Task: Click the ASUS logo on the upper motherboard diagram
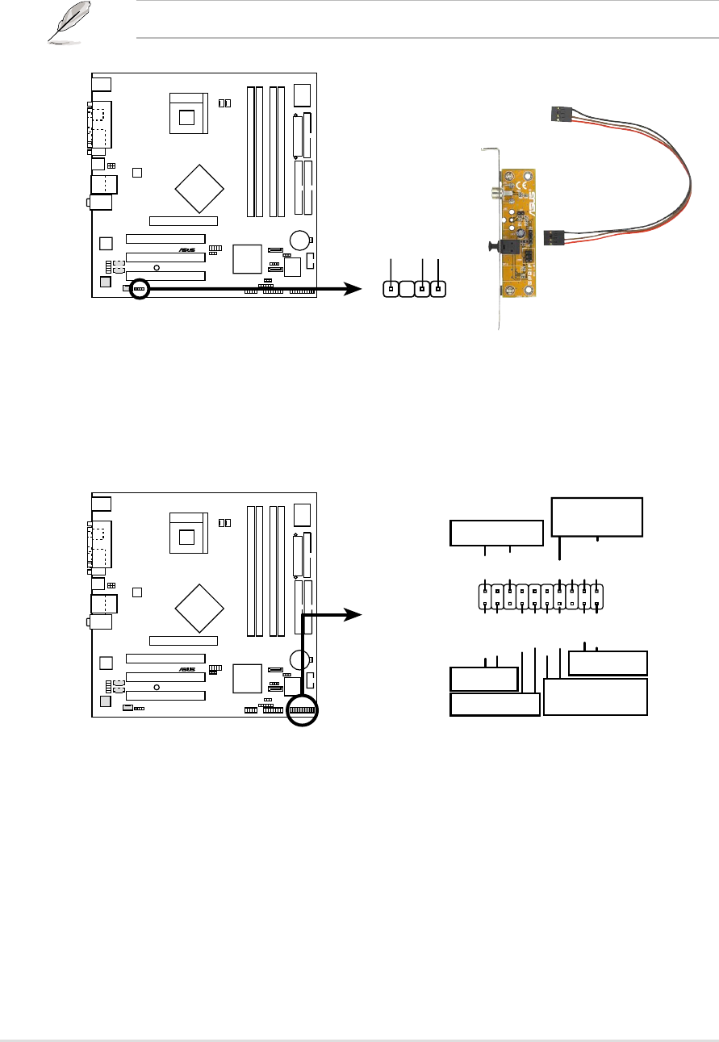(x=187, y=250)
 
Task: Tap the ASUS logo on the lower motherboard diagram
(x=187, y=670)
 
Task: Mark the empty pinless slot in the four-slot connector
(x=407, y=289)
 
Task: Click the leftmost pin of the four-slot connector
(x=391, y=289)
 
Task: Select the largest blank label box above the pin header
(x=596, y=517)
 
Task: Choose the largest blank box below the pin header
(x=596, y=697)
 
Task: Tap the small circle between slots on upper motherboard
(x=157, y=266)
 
